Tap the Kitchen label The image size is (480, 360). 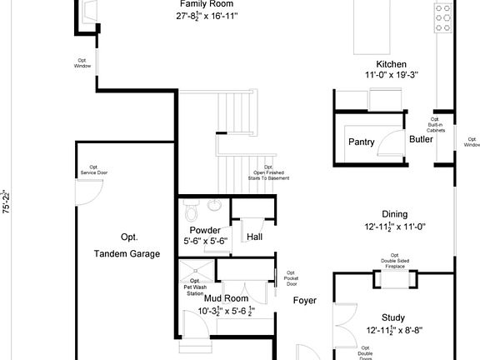(x=391, y=64)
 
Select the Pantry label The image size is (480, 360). (x=361, y=141)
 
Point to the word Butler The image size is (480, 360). (x=421, y=140)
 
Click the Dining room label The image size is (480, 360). (x=394, y=214)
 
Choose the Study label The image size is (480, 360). (x=393, y=317)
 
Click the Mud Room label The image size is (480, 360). (x=221, y=298)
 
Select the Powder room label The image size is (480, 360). (x=205, y=230)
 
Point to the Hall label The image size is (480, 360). (x=255, y=237)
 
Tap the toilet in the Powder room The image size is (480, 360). (x=189, y=208)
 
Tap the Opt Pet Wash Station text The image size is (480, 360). (x=194, y=287)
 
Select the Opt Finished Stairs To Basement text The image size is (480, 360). (x=269, y=173)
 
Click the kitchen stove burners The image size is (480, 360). (x=442, y=15)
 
